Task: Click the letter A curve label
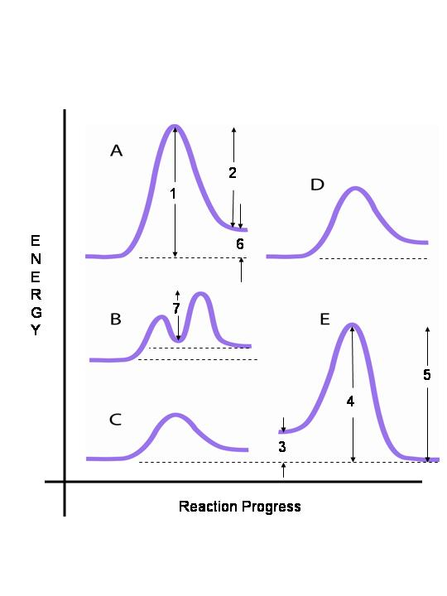(x=116, y=151)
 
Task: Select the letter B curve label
(x=116, y=318)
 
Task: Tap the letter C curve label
(x=116, y=420)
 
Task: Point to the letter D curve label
(x=317, y=185)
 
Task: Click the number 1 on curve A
(x=172, y=194)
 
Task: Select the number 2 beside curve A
(x=233, y=172)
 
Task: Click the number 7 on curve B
(x=175, y=308)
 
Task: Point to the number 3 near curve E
(x=281, y=446)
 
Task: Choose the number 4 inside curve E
(x=350, y=401)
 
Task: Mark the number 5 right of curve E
(x=426, y=375)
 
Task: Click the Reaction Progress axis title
(x=239, y=506)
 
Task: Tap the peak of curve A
(x=175, y=127)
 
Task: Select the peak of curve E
(x=352, y=324)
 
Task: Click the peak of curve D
(x=355, y=189)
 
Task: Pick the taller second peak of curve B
(x=201, y=294)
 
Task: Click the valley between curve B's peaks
(x=177, y=339)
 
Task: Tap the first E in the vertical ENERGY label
(x=35, y=241)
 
